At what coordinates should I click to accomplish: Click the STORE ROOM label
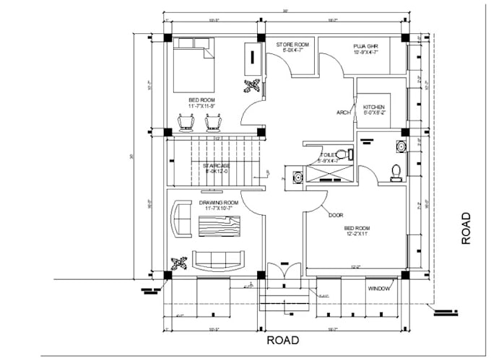pyautogui.click(x=292, y=45)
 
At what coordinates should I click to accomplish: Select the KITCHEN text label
pyautogui.click(x=373, y=107)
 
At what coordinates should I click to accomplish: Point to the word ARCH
pyautogui.click(x=344, y=113)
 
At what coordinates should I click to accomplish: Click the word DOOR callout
pyautogui.click(x=335, y=215)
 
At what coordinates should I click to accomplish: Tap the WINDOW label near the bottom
pyautogui.click(x=379, y=289)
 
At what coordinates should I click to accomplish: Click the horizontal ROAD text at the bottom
pyautogui.click(x=283, y=341)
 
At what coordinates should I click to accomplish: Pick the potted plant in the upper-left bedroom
pyautogui.click(x=251, y=87)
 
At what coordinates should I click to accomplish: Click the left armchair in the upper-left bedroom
pyautogui.click(x=186, y=123)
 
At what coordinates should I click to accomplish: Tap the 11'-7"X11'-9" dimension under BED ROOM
pyautogui.click(x=203, y=106)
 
